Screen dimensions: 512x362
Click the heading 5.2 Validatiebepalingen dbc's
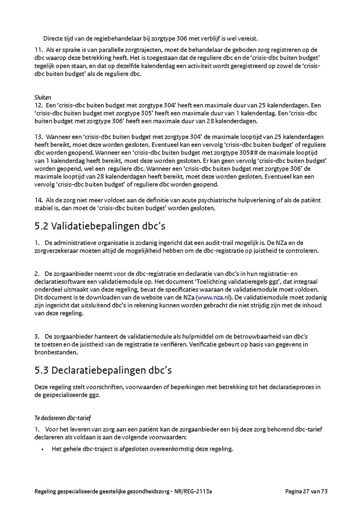coord(100,226)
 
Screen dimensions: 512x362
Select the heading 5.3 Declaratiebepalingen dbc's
coord(103,370)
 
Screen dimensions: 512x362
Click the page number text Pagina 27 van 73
coord(306,491)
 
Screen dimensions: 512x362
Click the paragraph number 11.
coord(38,50)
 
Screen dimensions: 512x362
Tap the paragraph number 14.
coord(38,200)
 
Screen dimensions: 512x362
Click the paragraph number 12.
coord(38,105)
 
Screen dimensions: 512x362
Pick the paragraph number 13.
coord(38,137)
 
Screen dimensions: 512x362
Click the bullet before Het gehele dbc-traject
coord(42,449)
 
